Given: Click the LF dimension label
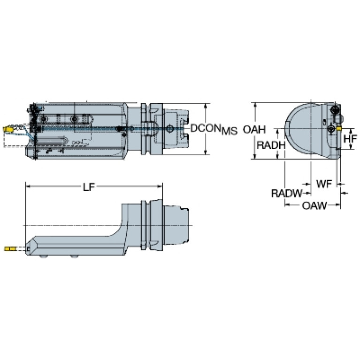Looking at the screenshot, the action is [89, 187].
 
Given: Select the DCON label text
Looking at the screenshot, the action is [206, 128].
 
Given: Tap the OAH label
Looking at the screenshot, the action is [254, 130].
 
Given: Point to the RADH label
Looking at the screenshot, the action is [271, 145].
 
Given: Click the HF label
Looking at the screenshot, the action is [350, 138].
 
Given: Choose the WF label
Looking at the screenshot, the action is [324, 184].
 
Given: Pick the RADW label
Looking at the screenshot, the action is [287, 193].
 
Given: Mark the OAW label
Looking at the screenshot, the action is [314, 206].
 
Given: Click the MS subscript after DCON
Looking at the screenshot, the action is [230, 131].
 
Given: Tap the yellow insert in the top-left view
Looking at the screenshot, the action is [7, 129].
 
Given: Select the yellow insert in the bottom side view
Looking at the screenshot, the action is [10, 249].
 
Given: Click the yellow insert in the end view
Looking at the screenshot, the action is [339, 129].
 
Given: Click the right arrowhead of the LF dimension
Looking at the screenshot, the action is [160, 186].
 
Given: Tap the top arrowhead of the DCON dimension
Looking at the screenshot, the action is [206, 106].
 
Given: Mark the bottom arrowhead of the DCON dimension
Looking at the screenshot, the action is [206, 152].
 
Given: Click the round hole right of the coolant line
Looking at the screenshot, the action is [169, 129].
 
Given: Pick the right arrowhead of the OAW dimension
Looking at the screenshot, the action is [338, 204].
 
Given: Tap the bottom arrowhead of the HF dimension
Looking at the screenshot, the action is [351, 147].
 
